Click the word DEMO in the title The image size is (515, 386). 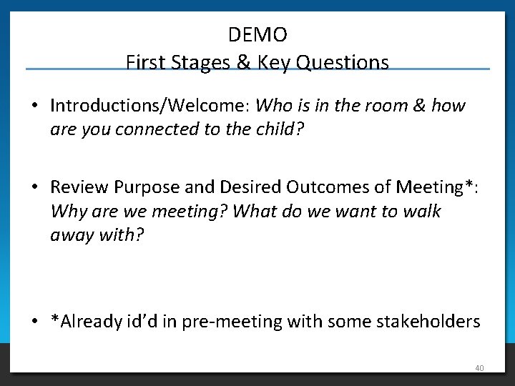257,34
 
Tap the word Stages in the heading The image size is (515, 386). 202,63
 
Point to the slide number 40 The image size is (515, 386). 479,368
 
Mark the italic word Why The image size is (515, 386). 67,212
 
